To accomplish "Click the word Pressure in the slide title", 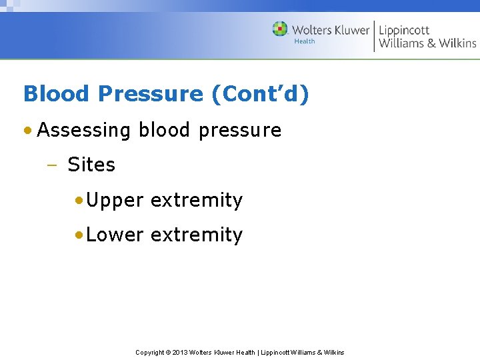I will (x=150, y=94).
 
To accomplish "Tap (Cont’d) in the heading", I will (x=260, y=94).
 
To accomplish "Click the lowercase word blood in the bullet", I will (x=165, y=130).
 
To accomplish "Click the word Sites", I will (x=91, y=165).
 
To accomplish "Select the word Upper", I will (x=115, y=201).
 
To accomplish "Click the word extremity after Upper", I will (x=197, y=201).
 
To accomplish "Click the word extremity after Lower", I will (x=197, y=235).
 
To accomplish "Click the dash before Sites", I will (x=55, y=165).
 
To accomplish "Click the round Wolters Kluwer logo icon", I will (x=280, y=29).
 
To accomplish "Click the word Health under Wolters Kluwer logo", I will (x=305, y=41).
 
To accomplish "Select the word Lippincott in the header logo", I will (x=404, y=30).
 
